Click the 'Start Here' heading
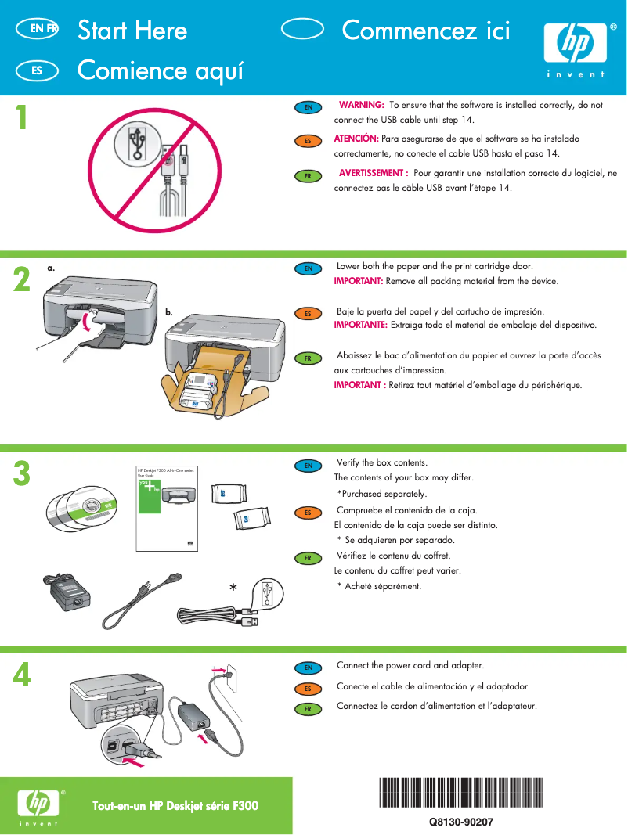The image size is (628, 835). (x=132, y=31)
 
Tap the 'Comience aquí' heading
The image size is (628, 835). (x=161, y=70)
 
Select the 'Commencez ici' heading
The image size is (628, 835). (x=426, y=31)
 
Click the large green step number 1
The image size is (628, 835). (x=22, y=118)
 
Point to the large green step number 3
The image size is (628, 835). (x=22, y=473)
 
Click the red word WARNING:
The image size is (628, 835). (x=360, y=105)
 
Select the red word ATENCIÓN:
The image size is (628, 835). (x=356, y=139)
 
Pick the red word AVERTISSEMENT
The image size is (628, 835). (x=373, y=173)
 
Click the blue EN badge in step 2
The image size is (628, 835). (x=309, y=268)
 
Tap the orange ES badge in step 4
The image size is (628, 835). (x=309, y=689)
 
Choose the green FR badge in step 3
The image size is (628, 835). (x=309, y=558)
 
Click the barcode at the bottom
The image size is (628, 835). (x=460, y=792)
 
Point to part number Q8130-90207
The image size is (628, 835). (x=460, y=822)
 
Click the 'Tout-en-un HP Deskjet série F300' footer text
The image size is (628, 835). (x=175, y=806)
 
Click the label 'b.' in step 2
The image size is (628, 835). (x=168, y=312)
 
